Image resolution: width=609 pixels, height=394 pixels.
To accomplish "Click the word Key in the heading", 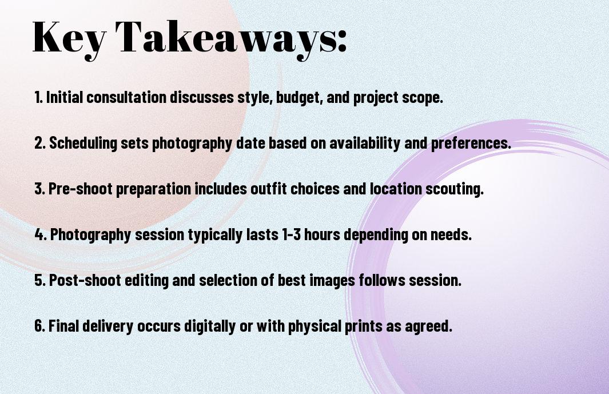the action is [x=69, y=38].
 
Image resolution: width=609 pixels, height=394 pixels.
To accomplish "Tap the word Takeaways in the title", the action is [x=226, y=38].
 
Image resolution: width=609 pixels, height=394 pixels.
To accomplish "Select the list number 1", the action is [x=38, y=97].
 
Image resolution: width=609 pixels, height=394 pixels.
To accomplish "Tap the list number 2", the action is [x=40, y=143].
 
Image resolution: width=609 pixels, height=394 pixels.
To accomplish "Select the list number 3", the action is [x=40, y=189].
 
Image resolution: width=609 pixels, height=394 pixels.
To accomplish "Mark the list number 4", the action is [x=41, y=234].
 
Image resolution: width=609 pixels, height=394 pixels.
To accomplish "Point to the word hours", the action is [x=322, y=234].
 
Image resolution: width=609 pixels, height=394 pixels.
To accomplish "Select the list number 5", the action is [x=40, y=280].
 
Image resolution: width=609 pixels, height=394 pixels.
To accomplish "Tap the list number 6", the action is [x=40, y=326].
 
